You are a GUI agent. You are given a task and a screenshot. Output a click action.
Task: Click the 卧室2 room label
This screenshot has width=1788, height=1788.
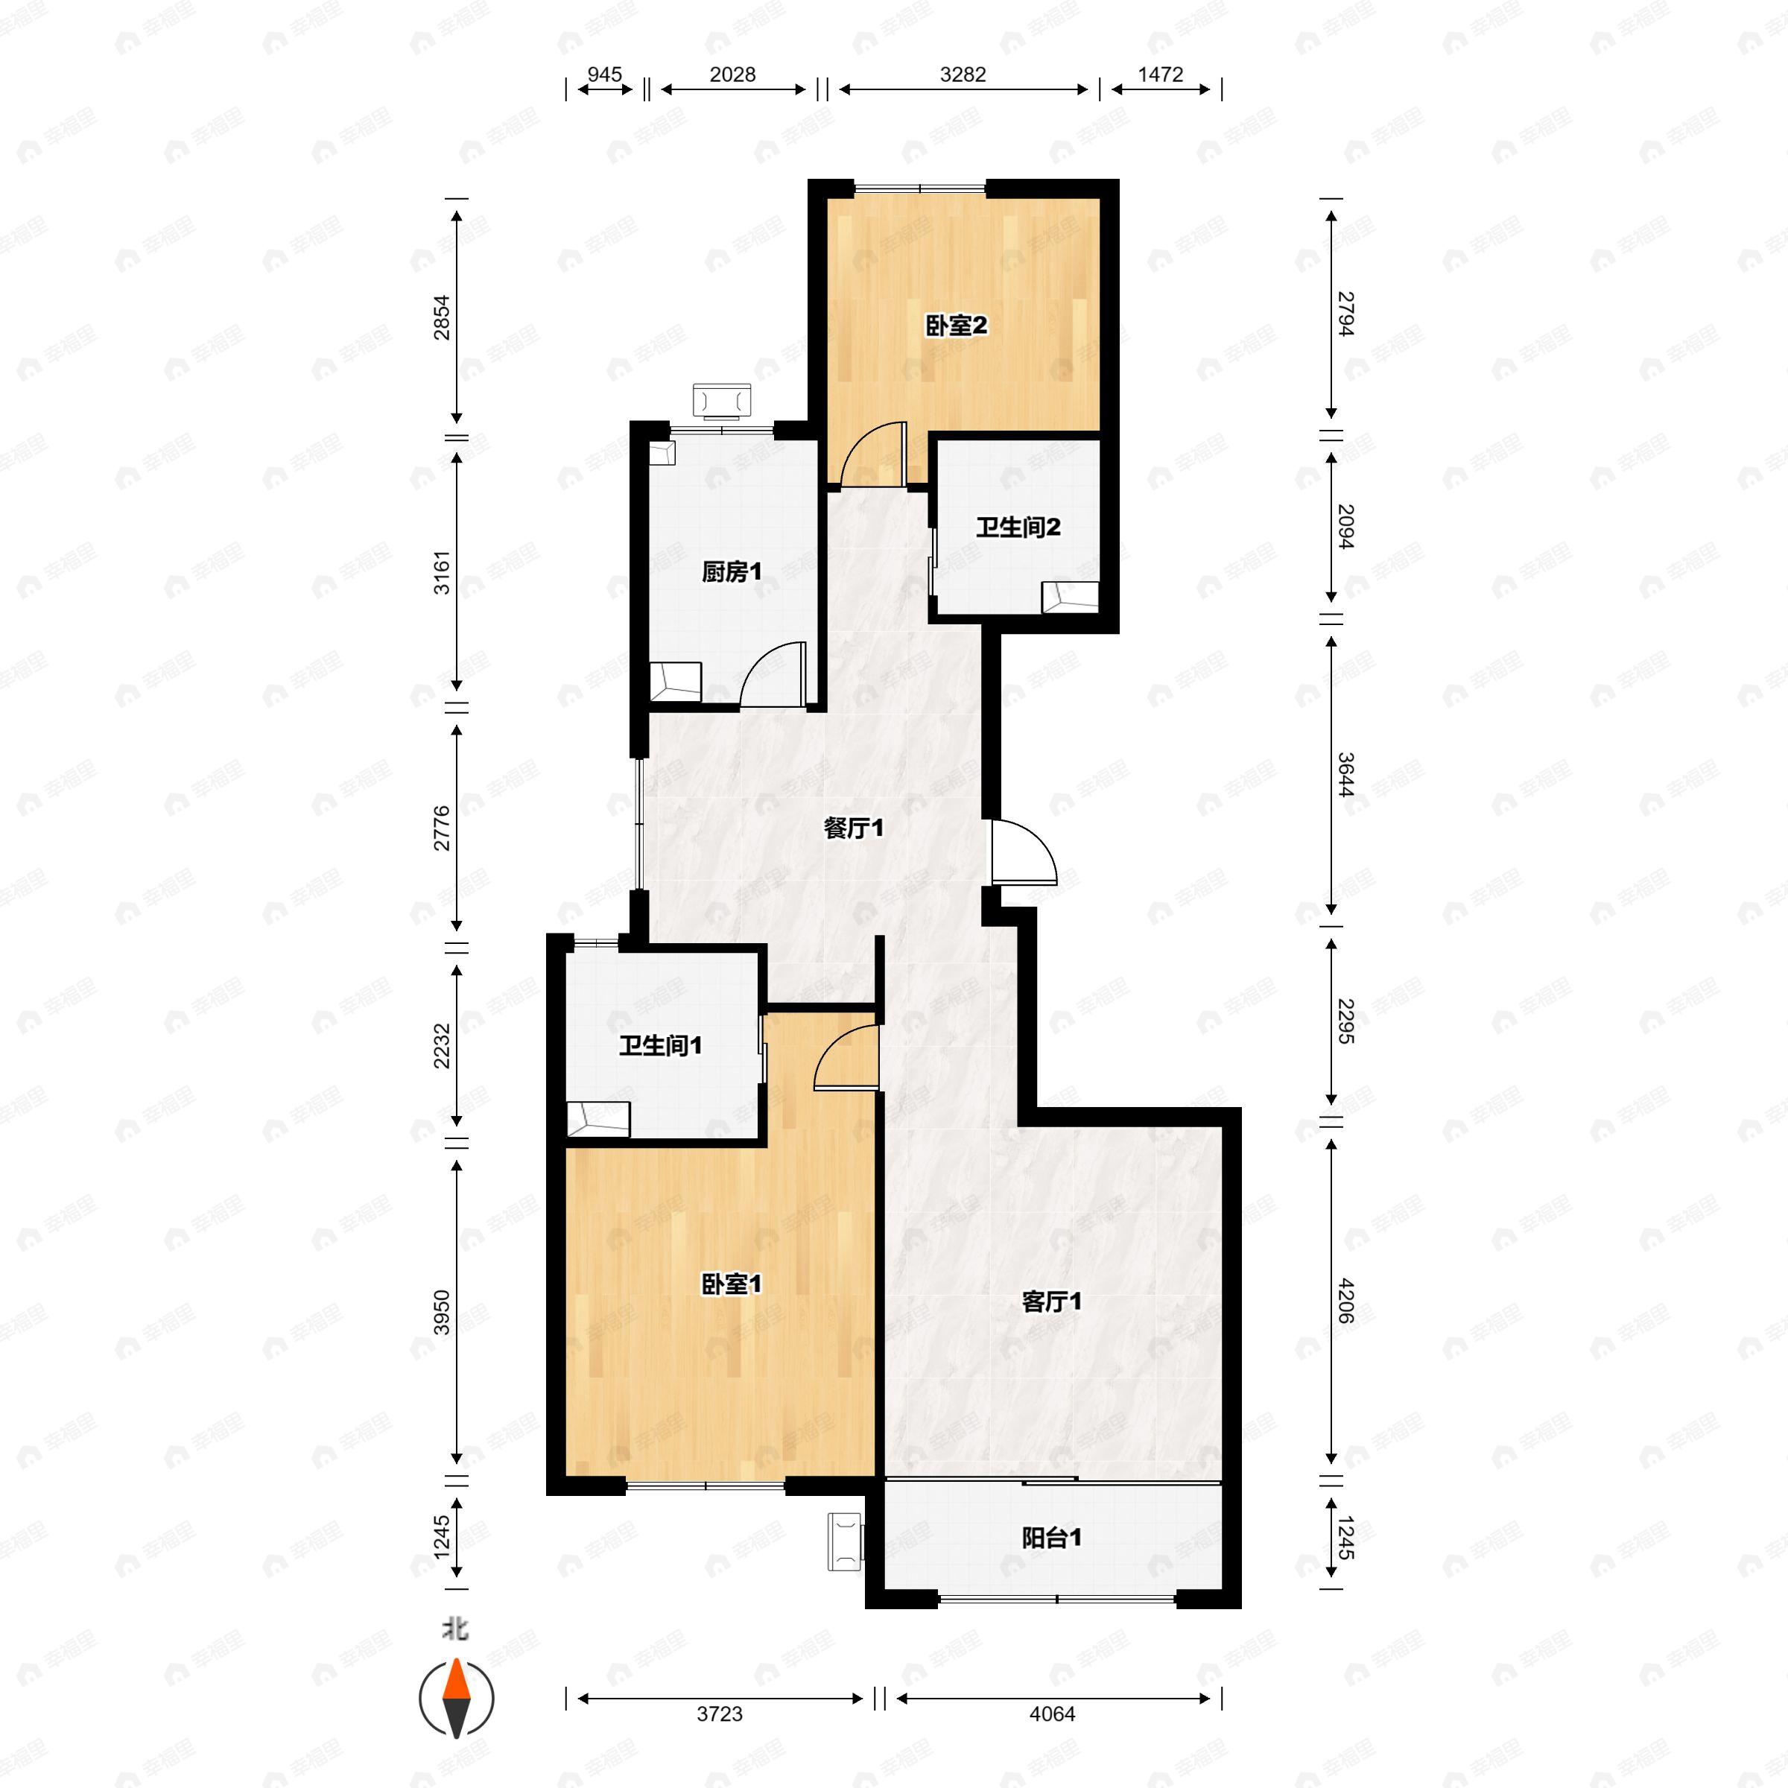(x=956, y=326)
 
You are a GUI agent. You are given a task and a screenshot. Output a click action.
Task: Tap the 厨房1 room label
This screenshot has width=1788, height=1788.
(x=731, y=572)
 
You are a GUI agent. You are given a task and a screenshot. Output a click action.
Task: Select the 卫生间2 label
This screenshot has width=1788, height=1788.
(x=1017, y=527)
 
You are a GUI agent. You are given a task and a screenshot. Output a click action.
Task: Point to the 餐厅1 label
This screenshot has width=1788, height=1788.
(x=853, y=828)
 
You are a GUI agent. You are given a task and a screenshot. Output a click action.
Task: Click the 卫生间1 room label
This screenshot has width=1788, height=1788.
(x=660, y=1046)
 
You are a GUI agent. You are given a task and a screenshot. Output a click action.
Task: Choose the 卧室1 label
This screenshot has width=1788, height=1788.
(x=731, y=1284)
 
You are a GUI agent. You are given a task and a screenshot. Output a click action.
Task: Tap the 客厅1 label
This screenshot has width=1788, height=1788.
(x=1051, y=1302)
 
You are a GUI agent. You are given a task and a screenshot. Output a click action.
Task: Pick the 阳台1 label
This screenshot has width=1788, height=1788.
(x=1051, y=1538)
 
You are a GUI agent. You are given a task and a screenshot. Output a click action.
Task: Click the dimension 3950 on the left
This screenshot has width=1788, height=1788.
(x=443, y=1312)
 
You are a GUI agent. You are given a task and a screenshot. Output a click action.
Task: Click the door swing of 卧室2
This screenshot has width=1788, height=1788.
(x=870, y=454)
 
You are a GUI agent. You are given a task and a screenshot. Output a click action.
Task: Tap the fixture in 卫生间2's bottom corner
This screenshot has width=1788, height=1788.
(x=1070, y=596)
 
